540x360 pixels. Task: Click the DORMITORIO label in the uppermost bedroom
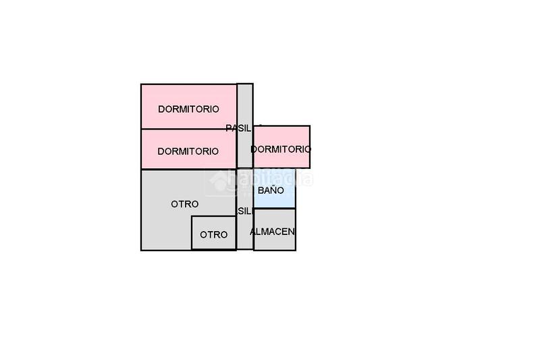pos(188,109)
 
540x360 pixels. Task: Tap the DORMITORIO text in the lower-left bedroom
pos(188,151)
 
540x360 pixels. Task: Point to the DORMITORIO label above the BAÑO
pos(281,149)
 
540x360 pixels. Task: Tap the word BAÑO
pos(270,190)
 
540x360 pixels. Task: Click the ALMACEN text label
pos(273,231)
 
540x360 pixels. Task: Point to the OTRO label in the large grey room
pos(184,203)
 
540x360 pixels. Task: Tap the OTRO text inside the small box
pos(214,234)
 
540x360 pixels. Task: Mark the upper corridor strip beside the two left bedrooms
pos(245,101)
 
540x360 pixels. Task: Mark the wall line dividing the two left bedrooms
pos(188,129)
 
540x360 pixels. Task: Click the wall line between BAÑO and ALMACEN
pos(275,209)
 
